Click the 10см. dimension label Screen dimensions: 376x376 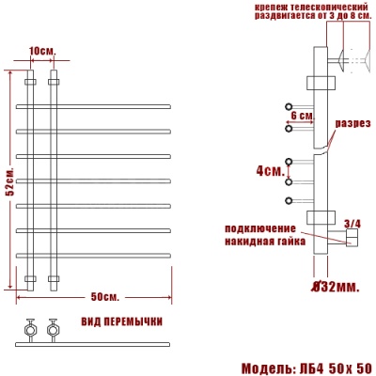point(41,49)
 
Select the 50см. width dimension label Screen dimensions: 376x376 point(104,297)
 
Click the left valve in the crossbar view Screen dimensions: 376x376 point(29,330)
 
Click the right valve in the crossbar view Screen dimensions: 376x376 point(51,330)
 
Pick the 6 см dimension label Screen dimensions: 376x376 point(302,114)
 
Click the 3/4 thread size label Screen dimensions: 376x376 point(352,223)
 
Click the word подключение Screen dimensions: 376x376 point(261,228)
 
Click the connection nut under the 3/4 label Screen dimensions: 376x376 point(350,242)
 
